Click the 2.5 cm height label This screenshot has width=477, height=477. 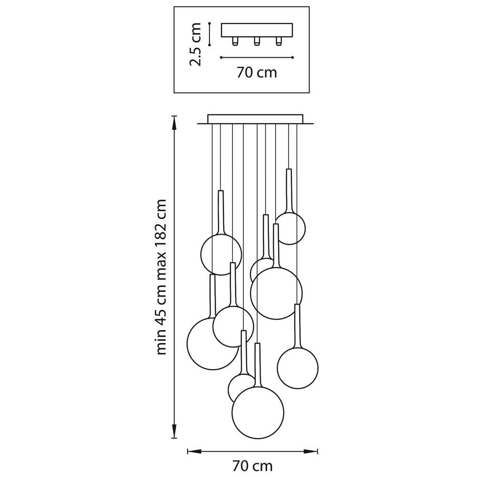(195, 44)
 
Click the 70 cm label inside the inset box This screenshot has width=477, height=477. (257, 73)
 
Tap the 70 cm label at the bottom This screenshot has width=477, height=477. (252, 466)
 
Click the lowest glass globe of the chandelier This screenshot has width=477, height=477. (258, 413)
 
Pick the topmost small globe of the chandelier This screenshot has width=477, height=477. (290, 228)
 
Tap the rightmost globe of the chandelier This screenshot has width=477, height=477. (298, 368)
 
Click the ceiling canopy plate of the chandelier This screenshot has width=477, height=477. (255, 119)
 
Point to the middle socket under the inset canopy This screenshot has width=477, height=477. (257, 41)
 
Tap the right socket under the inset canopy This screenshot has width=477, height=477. (279, 41)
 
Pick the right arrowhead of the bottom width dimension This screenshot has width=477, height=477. (311, 451)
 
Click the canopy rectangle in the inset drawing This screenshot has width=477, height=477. (257, 30)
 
